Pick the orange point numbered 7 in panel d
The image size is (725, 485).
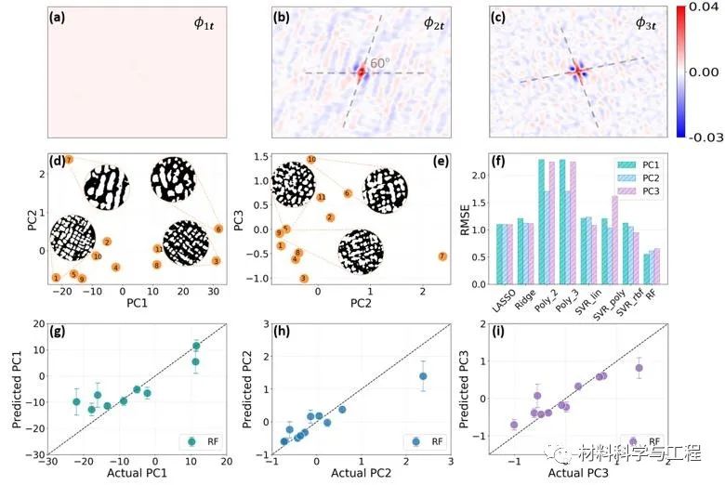pos(69,161)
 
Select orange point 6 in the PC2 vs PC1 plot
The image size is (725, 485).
pos(218,228)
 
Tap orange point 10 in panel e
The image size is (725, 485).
pos(310,160)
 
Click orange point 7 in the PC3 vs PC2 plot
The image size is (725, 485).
pos(442,256)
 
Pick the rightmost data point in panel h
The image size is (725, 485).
pos(422,376)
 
